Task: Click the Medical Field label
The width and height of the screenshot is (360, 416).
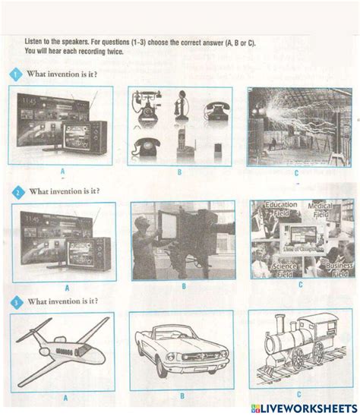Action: click(x=328, y=210)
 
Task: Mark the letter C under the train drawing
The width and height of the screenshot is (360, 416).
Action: click(x=298, y=394)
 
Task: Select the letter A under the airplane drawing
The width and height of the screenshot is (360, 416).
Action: click(x=65, y=396)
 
